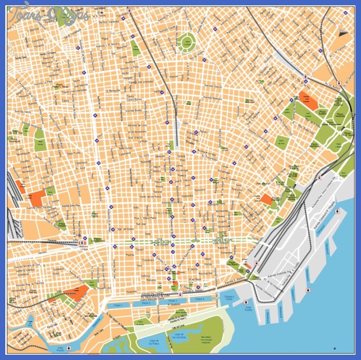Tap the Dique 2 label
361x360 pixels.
[146, 303]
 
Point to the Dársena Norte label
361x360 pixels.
[229, 297]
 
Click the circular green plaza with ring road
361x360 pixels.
[187, 41]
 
